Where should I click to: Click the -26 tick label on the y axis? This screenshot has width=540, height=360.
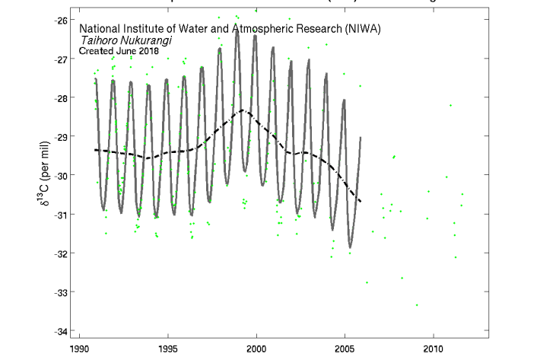coord(56,20)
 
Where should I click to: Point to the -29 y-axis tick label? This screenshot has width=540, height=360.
coord(56,136)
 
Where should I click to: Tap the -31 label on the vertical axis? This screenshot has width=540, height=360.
coord(56,214)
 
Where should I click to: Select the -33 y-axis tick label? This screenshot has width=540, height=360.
coord(56,292)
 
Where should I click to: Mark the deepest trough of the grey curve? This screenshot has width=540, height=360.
coord(350,247)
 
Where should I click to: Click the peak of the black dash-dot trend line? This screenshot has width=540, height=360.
coord(243,110)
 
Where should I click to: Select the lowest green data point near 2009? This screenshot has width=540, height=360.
coord(417,304)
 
